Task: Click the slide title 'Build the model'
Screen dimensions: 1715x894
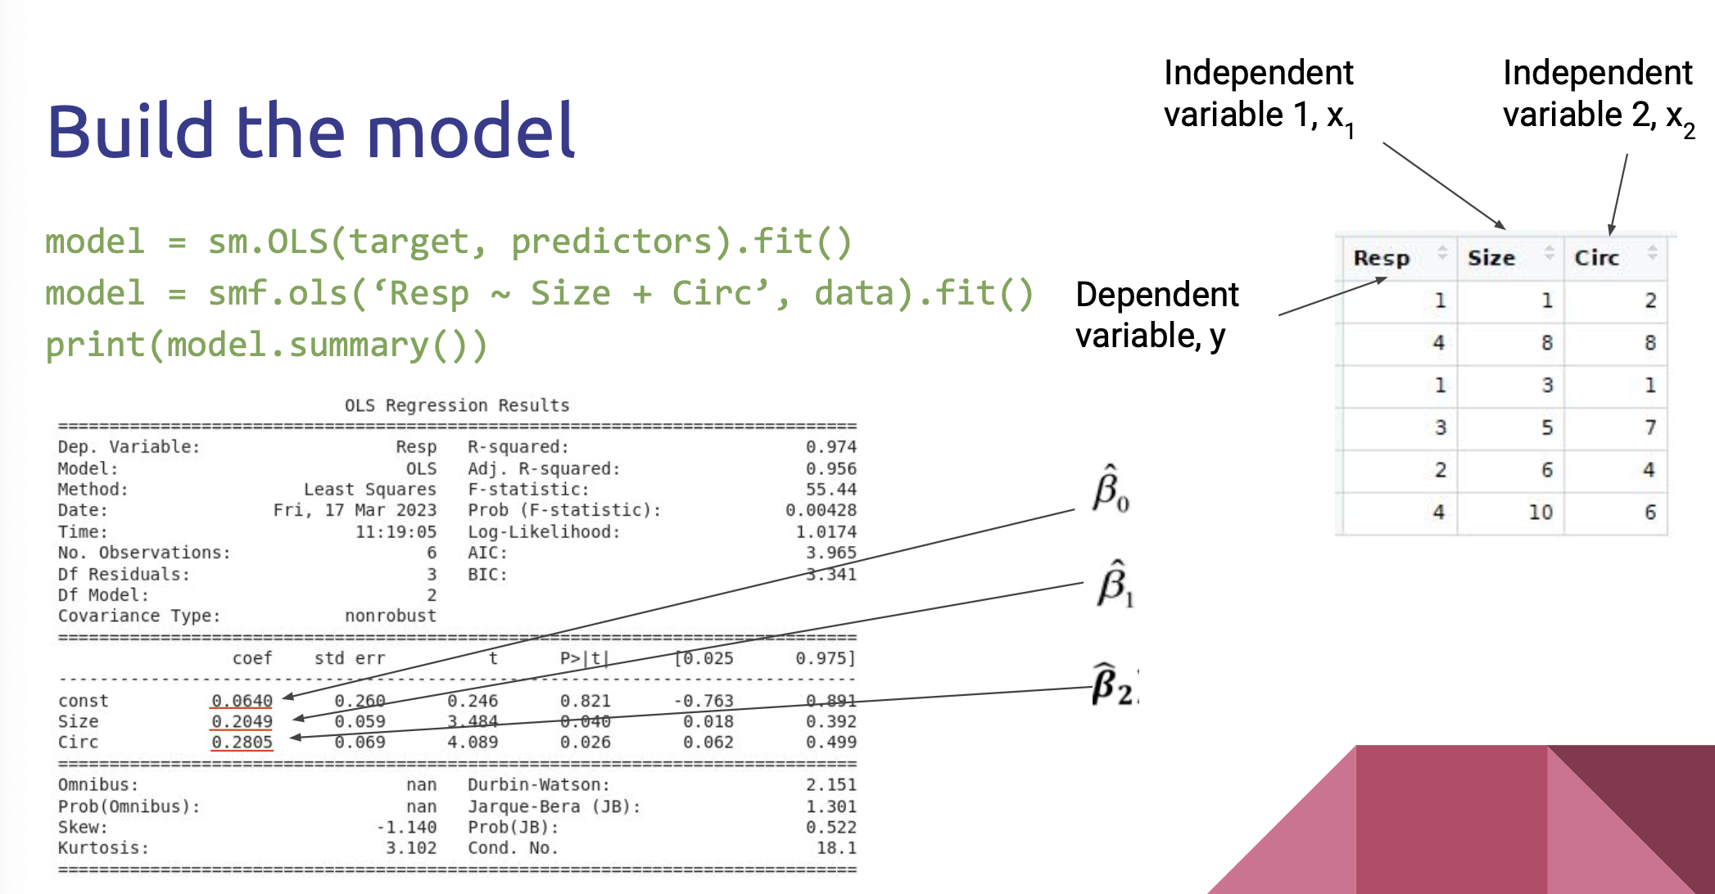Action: (x=311, y=130)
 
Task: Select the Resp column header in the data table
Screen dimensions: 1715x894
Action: (x=1382, y=258)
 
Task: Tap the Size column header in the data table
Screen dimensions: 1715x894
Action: (x=1491, y=258)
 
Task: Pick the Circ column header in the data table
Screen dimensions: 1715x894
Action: (x=1597, y=258)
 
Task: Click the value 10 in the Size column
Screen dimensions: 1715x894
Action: (x=1541, y=512)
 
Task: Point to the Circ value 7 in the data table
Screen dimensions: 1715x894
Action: (x=1650, y=427)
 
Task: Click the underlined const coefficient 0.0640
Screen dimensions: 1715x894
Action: (x=242, y=701)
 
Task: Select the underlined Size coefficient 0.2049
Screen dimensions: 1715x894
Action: (x=242, y=721)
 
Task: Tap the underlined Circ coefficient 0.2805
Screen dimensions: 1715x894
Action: (x=242, y=743)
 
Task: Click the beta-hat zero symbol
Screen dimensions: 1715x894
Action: (x=1111, y=489)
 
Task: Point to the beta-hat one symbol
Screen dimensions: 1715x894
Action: (x=1115, y=584)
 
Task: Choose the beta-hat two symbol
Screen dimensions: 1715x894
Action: (x=1115, y=684)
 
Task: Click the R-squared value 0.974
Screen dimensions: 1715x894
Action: (x=830, y=447)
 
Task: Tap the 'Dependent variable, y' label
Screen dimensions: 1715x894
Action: (x=1157, y=315)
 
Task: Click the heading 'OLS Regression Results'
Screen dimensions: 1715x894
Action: (x=457, y=405)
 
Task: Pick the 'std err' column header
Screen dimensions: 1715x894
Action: (x=350, y=658)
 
